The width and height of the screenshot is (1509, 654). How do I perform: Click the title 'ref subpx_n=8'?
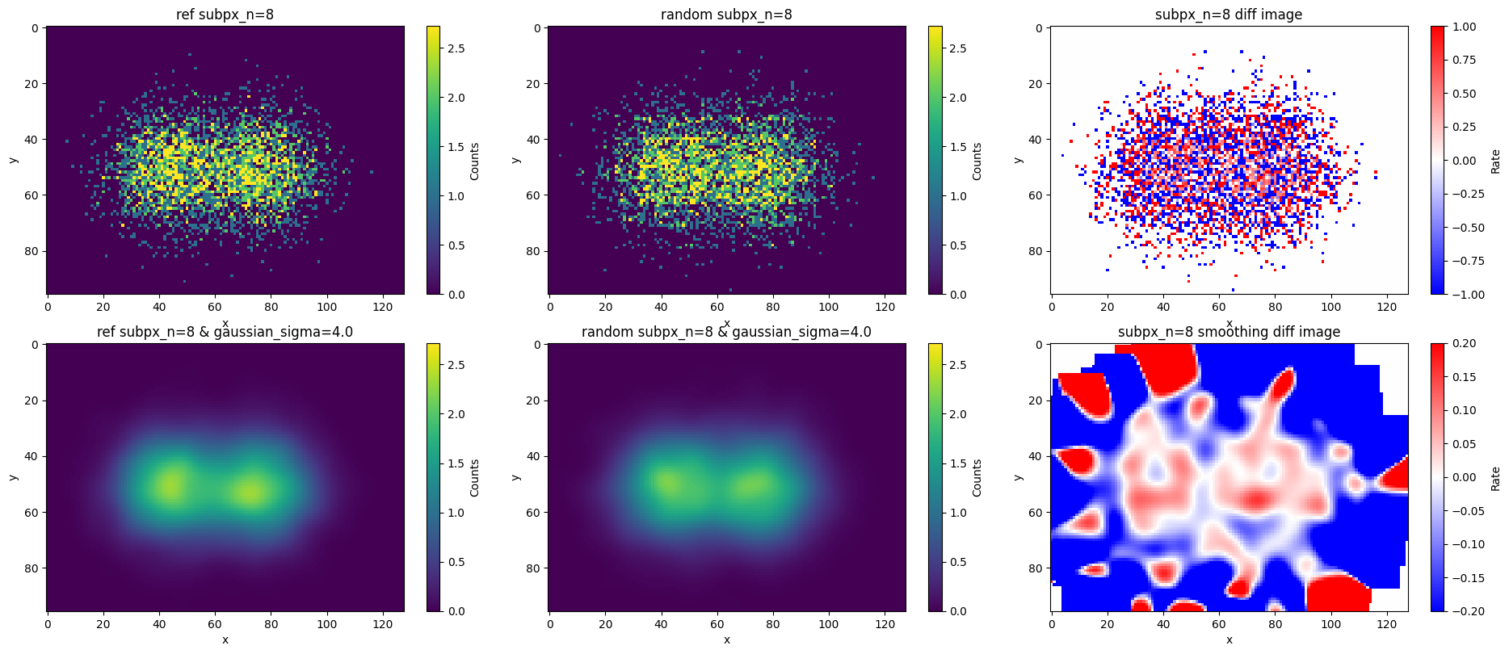click(x=225, y=15)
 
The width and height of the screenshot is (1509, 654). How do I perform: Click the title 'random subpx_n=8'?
click(x=726, y=15)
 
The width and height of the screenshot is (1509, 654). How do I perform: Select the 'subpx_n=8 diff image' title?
click(x=1228, y=15)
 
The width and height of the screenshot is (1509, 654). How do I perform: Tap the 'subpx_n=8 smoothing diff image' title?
click(x=1228, y=332)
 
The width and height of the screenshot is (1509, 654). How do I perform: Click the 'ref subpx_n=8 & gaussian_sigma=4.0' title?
click(x=225, y=332)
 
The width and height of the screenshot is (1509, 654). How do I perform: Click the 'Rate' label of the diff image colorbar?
click(x=1495, y=161)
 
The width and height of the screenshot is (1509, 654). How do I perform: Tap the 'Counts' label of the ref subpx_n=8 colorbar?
click(x=474, y=161)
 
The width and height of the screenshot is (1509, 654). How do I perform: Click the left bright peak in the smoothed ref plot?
click(x=171, y=485)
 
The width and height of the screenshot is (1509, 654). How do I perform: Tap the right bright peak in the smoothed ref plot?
click(x=250, y=491)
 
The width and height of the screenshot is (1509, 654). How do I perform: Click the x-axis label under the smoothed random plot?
click(x=726, y=639)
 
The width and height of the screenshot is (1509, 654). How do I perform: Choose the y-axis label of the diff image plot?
click(x=1018, y=160)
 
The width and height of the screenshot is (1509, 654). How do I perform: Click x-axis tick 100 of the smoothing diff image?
click(x=1330, y=624)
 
